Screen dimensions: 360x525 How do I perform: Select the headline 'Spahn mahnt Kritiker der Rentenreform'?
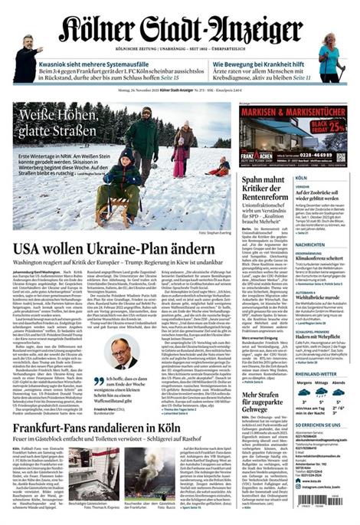pyautogui.click(x=254, y=190)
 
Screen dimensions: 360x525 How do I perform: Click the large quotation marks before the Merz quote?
pyautogui.click(x=98, y=381)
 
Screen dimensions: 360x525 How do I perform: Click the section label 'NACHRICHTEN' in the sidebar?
pyautogui.click(x=311, y=244)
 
